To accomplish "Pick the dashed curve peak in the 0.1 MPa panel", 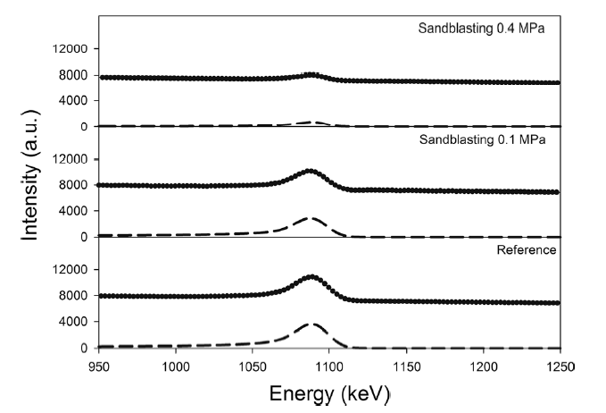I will tap(311, 217).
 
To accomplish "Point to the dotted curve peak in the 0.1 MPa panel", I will tap(311, 170).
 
